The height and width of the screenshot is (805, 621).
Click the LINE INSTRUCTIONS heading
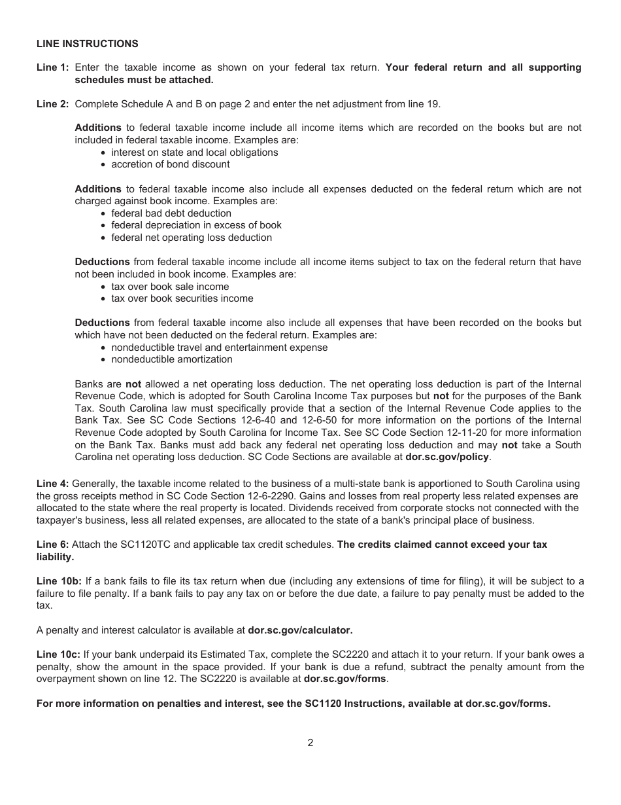click(87, 44)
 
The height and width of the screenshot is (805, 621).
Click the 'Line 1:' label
click(52, 67)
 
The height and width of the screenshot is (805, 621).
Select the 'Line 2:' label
click(52, 103)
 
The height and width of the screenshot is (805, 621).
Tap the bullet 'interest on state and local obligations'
click(194, 152)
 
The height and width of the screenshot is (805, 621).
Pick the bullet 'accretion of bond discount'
click(170, 164)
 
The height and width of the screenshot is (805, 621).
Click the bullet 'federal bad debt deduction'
click(171, 213)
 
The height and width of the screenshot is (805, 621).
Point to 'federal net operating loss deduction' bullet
click(191, 238)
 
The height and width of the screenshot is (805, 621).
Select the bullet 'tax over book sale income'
click(170, 287)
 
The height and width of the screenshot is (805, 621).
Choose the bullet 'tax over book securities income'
click(182, 298)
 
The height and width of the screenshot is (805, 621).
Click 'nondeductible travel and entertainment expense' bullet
click(219, 348)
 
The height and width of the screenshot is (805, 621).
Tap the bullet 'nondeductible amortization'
click(171, 359)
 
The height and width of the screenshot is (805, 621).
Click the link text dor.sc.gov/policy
click(446, 457)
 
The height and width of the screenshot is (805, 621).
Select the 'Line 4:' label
click(52, 484)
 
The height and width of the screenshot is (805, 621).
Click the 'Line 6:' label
click(52, 545)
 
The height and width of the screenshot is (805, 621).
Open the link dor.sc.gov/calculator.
click(300, 630)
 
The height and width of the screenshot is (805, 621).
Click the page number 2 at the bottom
click(310, 743)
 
